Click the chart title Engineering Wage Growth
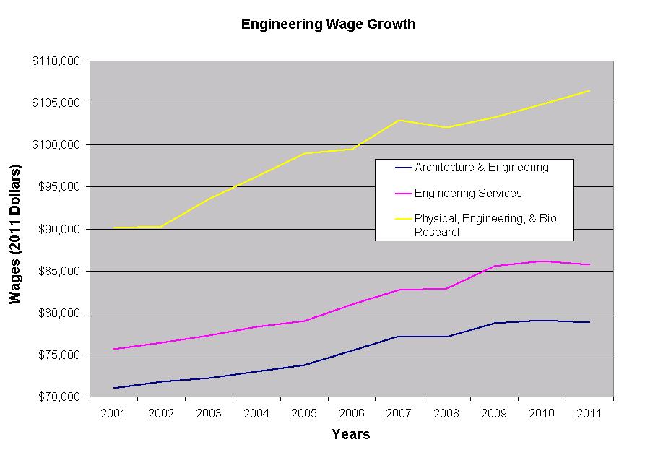pyautogui.click(x=328, y=25)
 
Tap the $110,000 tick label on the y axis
pyautogui.click(x=58, y=61)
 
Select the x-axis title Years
pyautogui.click(x=351, y=435)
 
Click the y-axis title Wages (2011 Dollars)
pyautogui.click(x=16, y=234)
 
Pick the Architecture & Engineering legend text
pyautogui.click(x=482, y=168)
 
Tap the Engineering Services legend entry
pyautogui.click(x=468, y=194)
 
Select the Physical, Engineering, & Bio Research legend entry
pyautogui.click(x=485, y=225)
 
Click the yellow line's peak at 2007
pyautogui.click(x=399, y=120)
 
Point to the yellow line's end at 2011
pyautogui.click(x=589, y=91)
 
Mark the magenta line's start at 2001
pyautogui.click(x=113, y=349)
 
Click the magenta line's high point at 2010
pyautogui.click(x=542, y=261)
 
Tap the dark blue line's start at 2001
pyautogui.click(x=113, y=388)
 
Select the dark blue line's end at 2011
pyautogui.click(x=589, y=322)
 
